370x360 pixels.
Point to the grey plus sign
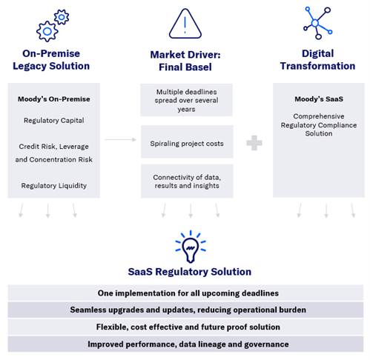254,142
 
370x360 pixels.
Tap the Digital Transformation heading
318,60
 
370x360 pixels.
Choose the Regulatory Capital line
52,120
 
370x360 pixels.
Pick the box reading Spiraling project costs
186,142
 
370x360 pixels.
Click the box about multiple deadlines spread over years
186,99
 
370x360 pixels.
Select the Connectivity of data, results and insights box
186,181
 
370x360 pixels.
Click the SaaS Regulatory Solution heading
186,272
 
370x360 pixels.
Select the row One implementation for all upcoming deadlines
186,293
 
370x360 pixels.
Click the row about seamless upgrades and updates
186,310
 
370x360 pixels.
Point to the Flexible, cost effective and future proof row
186,327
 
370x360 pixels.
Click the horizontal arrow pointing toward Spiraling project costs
116,139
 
